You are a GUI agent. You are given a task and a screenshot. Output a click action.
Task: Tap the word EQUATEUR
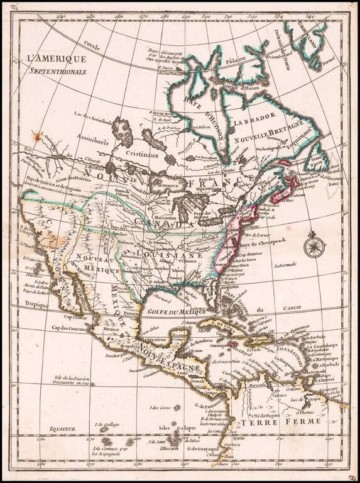click(63, 428)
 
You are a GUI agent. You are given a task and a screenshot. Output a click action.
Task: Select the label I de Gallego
click(105, 425)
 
